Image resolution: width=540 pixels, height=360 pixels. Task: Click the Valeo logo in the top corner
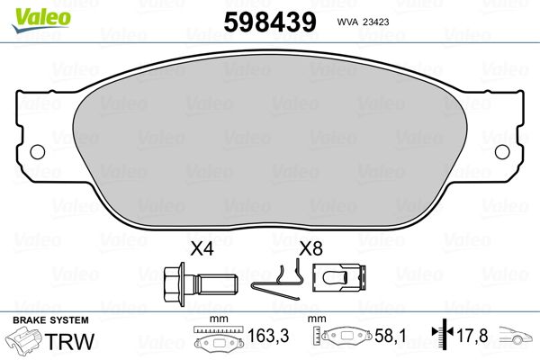[41, 20]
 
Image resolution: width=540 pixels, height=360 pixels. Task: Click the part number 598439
[270, 22]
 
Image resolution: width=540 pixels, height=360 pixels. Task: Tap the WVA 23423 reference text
[363, 22]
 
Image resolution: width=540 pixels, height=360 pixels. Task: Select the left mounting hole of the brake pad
[38, 152]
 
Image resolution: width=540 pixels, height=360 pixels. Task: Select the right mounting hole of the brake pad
[502, 152]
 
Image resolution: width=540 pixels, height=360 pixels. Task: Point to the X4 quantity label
[202, 248]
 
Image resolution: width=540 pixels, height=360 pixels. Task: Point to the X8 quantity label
[310, 248]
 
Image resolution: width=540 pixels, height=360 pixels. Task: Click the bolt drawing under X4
[200, 284]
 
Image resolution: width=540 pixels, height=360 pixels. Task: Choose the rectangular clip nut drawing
[339, 278]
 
